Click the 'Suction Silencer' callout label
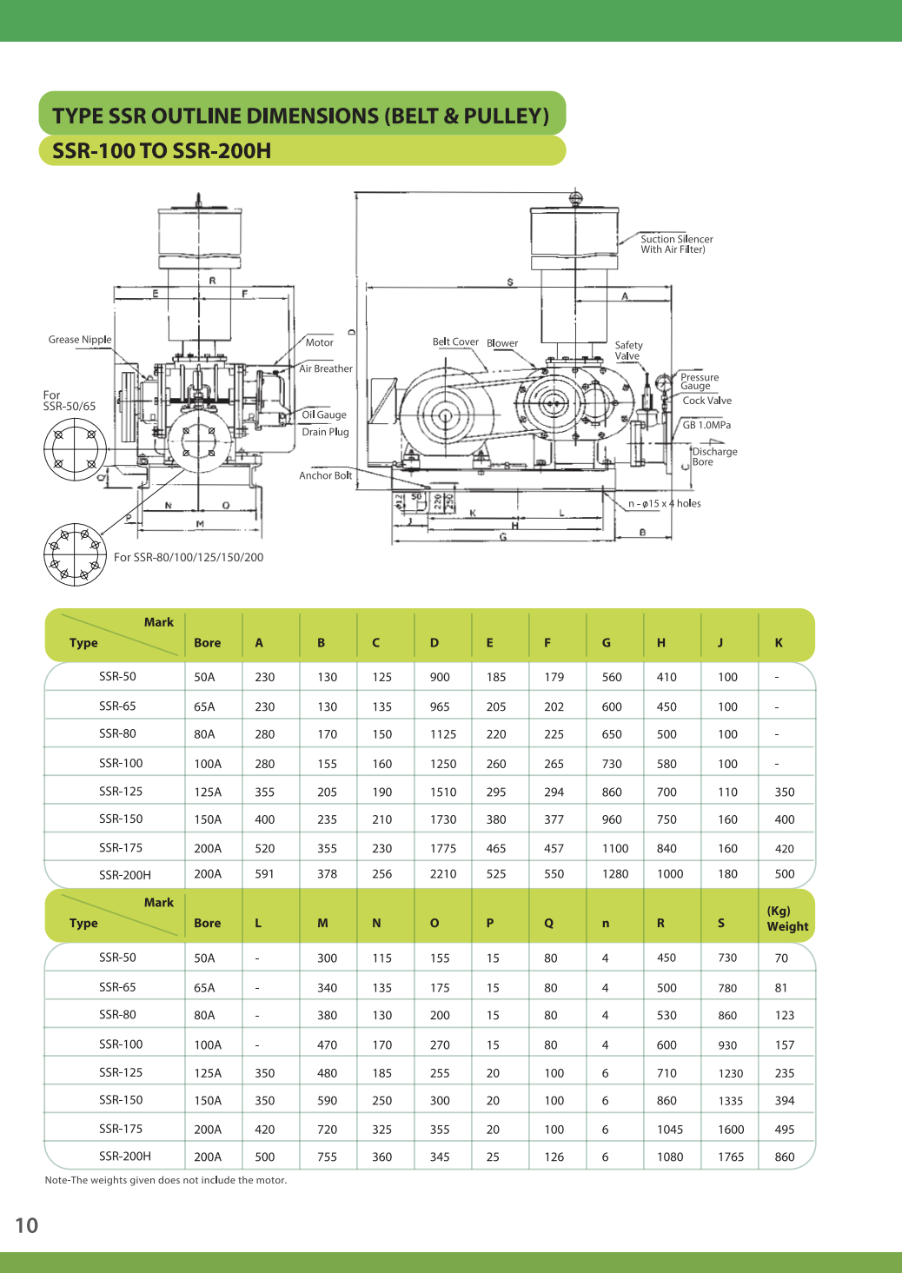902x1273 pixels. (676, 240)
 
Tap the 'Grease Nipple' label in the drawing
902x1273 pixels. (80, 340)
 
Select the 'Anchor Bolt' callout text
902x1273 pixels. (325, 475)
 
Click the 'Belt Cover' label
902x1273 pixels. (455, 342)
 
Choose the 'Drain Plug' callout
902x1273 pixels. (325, 432)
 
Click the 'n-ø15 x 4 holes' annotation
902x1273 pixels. (664, 504)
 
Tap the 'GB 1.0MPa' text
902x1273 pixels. (706, 425)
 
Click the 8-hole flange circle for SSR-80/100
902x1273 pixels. (76, 554)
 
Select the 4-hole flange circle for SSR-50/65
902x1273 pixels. (76, 449)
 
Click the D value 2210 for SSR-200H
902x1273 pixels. (442, 874)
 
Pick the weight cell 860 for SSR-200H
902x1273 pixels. (784, 1157)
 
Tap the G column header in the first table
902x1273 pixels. (606, 643)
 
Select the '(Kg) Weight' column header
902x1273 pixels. (786, 918)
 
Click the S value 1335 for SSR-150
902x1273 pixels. (730, 1101)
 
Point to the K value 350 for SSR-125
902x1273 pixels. (784, 792)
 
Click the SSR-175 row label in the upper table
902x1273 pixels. (120, 848)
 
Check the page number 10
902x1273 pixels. (27, 1226)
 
